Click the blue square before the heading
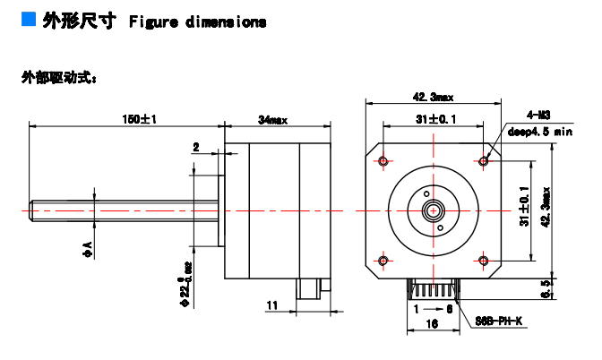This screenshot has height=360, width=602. click(29, 20)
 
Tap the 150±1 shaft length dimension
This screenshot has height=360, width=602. click(139, 119)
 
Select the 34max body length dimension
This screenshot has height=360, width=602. click(272, 119)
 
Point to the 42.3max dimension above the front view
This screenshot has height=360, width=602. click(434, 97)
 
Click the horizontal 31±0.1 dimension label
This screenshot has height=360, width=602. click(435, 118)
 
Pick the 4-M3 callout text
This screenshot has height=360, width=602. click(537, 116)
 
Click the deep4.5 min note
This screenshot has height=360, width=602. click(540, 131)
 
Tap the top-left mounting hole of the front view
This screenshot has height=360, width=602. click(384, 161)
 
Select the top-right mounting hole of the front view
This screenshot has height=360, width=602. click(485, 161)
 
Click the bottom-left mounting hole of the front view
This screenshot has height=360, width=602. click(384, 261)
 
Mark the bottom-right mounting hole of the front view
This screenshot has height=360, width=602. click(485, 261)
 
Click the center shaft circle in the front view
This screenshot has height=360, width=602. click(434, 211)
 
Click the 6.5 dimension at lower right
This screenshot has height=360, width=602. click(548, 287)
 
